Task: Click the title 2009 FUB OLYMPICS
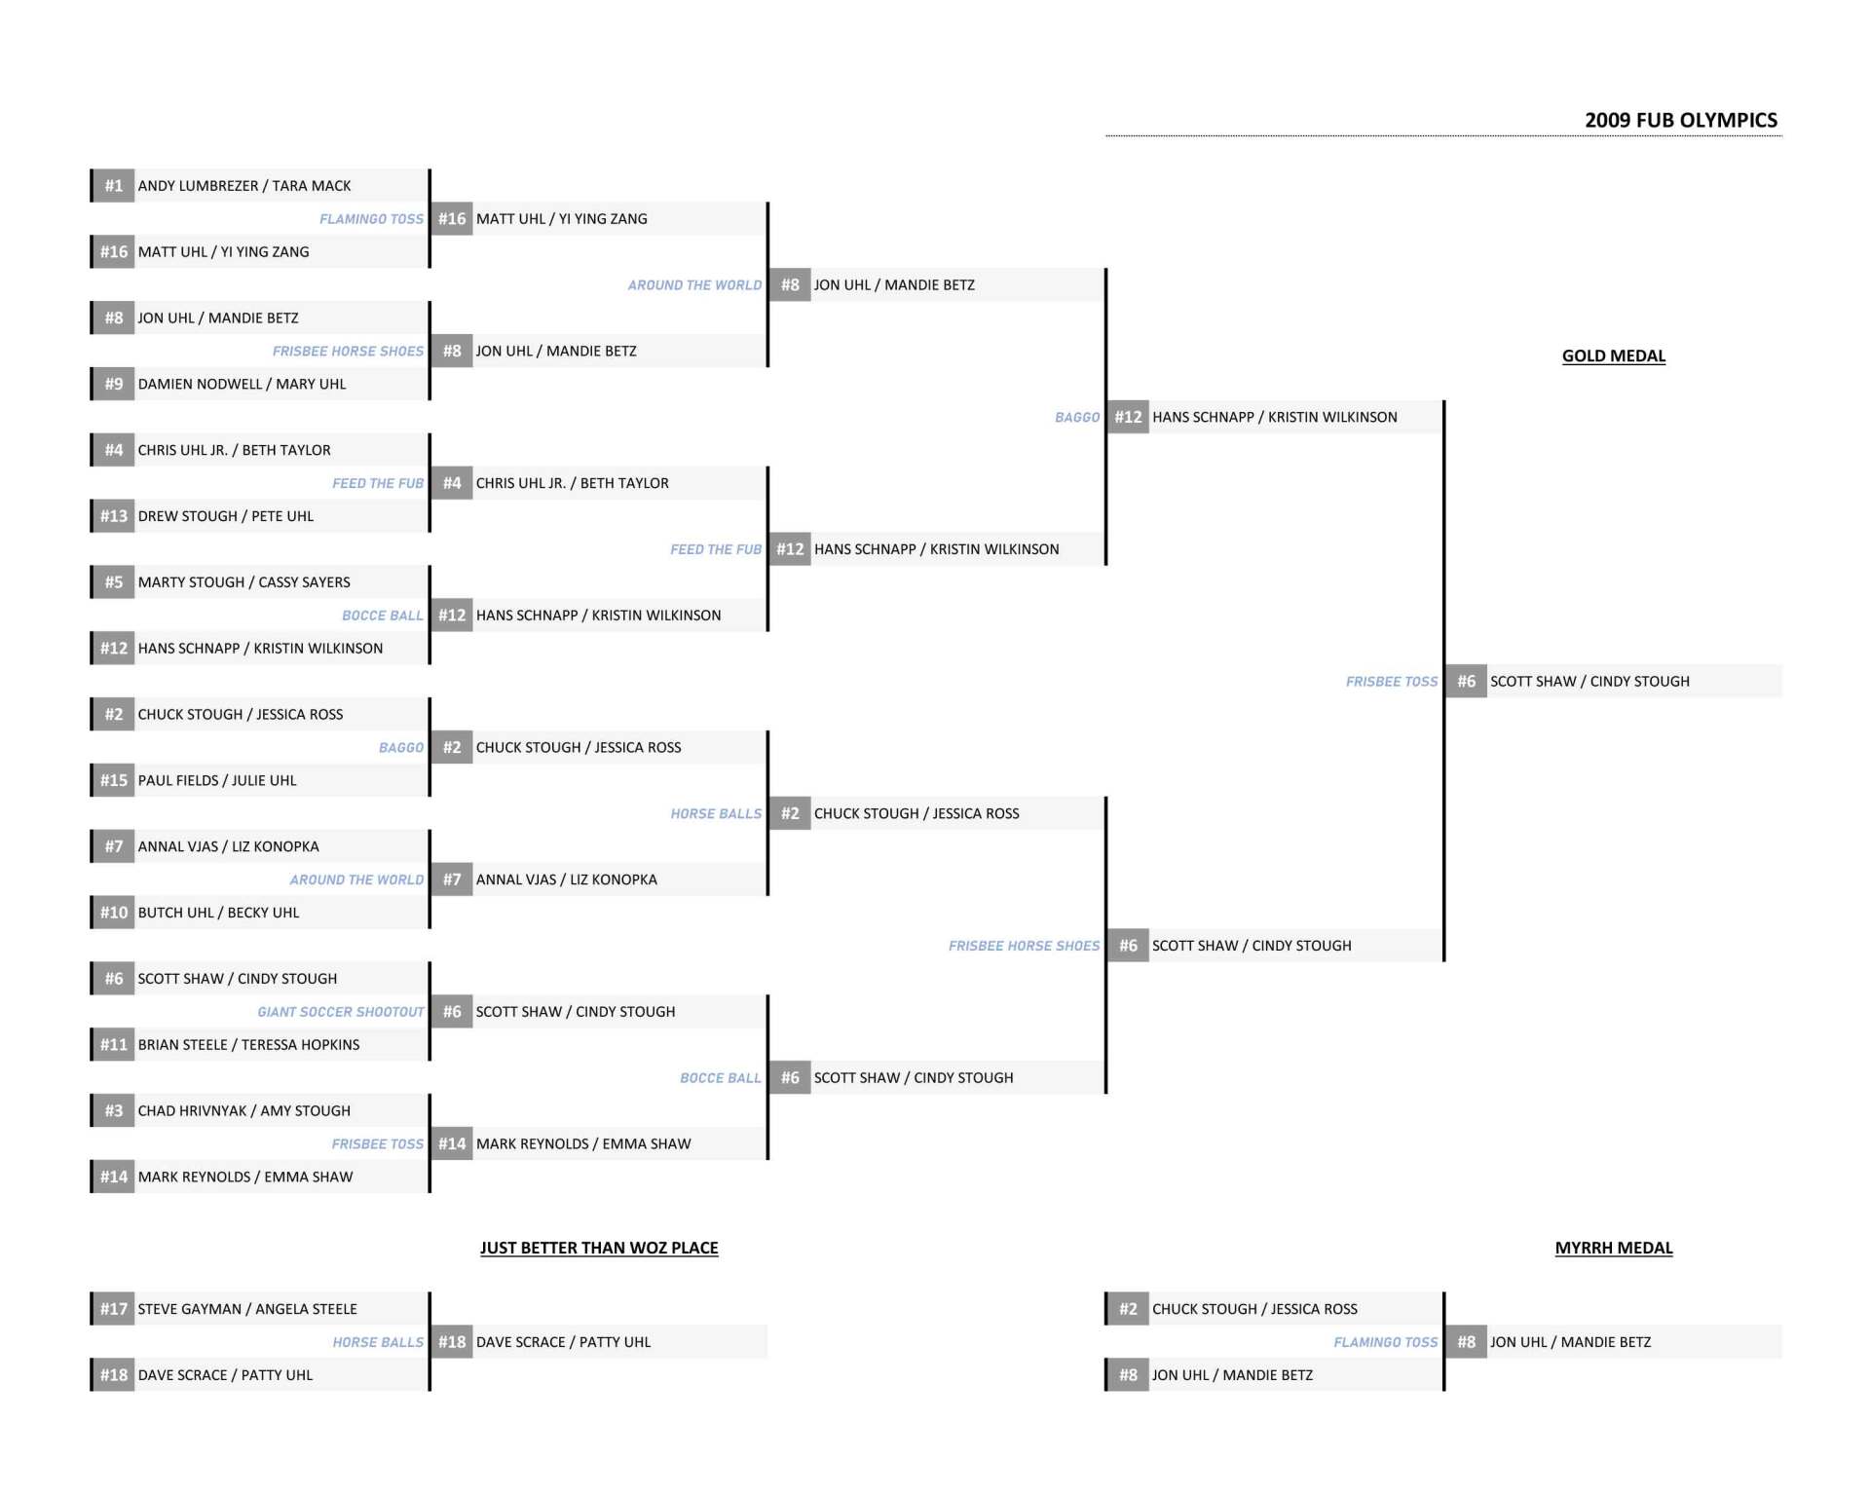coord(1680,120)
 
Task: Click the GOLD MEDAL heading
coord(1613,355)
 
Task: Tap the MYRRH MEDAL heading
coord(1613,1248)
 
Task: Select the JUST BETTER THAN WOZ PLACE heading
coord(599,1248)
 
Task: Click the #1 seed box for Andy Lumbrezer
coord(114,185)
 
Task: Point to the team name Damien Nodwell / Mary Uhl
coord(242,384)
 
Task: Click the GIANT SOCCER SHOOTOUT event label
coord(341,1012)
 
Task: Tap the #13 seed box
coord(114,516)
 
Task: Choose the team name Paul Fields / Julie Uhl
coord(217,780)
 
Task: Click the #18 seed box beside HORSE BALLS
coord(452,1341)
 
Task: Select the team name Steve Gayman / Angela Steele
coord(247,1309)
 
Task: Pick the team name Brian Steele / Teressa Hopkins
coord(248,1044)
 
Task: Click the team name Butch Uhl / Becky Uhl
coord(218,913)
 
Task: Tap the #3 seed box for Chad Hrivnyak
coord(114,1110)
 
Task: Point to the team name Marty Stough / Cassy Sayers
coord(243,582)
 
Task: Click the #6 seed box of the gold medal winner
coord(1467,681)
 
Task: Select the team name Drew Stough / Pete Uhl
coord(226,516)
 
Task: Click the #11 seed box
coord(114,1044)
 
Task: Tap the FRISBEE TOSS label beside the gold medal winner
coord(1392,682)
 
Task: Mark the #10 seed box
coord(114,913)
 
